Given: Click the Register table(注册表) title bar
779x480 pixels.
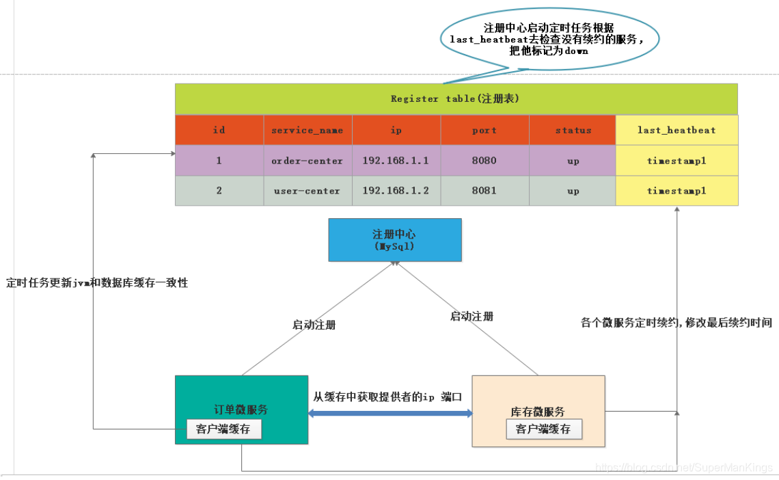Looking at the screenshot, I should tap(456, 98).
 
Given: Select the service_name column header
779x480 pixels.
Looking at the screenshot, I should tap(307, 130).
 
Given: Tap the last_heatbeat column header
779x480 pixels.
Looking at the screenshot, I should tap(676, 130).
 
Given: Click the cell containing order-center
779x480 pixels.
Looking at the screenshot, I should tap(307, 161).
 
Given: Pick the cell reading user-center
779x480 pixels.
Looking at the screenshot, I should tap(307, 191).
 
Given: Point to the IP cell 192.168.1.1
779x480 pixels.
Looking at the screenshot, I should tap(396, 161).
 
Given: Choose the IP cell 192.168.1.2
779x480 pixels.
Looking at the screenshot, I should tap(396, 191).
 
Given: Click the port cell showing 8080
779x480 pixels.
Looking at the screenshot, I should tap(484, 161).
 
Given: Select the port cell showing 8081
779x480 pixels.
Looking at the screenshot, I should tap(484, 191).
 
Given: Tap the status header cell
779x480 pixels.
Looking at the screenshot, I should tap(573, 130).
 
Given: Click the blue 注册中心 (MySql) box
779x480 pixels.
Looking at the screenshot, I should tap(395, 239).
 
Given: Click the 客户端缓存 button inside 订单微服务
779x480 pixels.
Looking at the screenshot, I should tap(223, 429).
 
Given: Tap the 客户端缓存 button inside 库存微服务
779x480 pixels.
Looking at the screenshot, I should tap(543, 429).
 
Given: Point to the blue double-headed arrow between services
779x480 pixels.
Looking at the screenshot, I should tap(390, 413).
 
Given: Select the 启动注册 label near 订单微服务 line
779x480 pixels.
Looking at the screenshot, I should tap(314, 325).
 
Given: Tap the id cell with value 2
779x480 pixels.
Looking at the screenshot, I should tap(219, 191).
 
